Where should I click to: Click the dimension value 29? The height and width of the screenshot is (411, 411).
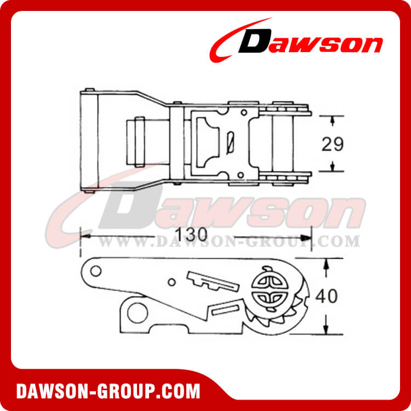coord(333,144)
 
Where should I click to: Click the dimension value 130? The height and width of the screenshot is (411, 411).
coord(191,235)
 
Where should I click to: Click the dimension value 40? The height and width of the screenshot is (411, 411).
coord(327,296)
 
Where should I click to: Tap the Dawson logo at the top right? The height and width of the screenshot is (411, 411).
coord(296,40)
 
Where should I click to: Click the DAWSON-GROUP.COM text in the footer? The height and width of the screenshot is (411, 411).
coord(108,392)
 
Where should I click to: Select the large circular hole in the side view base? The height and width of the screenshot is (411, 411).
coord(138,313)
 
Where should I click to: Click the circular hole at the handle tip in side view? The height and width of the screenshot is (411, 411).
coord(96,271)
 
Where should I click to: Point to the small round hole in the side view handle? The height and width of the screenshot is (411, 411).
coord(172,282)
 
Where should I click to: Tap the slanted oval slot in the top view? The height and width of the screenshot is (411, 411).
coord(230,143)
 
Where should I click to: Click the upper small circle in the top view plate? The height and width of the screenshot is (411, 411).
coord(244,113)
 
